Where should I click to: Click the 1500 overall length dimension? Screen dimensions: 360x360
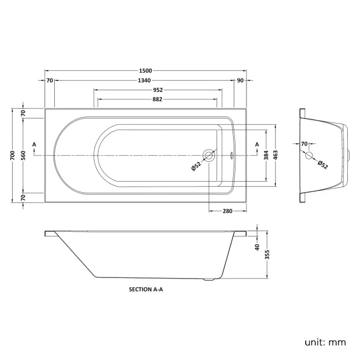[146, 71]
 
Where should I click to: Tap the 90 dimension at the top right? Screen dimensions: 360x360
[240, 81]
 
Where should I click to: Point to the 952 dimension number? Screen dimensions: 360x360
[157, 90]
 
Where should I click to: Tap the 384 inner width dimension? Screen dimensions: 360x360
[266, 156]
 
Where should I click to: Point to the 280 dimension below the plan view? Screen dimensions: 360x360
[227, 210]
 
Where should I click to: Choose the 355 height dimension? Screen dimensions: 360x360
[268, 254]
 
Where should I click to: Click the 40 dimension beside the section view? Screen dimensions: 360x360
[258, 248]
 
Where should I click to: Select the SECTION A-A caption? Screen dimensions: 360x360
[146, 289]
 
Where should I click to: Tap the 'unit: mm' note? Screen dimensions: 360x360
[325, 342]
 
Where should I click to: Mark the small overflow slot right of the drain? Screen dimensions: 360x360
[231, 156]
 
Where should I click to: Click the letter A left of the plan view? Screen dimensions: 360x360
[35, 145]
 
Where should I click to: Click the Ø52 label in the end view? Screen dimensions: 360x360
[323, 164]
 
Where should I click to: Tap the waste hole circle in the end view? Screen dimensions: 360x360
[310, 156]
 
